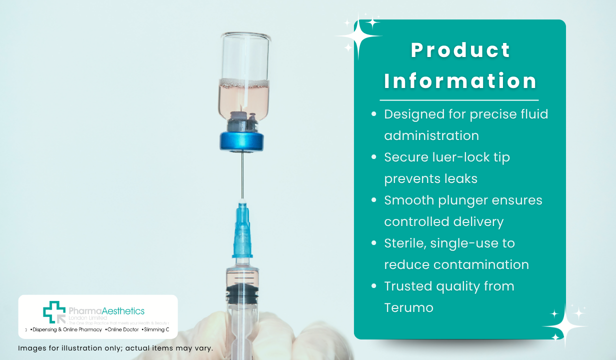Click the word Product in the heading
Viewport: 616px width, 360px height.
pos(460,50)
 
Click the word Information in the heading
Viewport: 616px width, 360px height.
pos(460,81)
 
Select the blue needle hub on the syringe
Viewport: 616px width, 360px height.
pos(242,232)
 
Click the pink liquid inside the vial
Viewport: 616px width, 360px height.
pos(244,97)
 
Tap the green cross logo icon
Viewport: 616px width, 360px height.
pos(54,312)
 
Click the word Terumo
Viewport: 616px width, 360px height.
pos(408,307)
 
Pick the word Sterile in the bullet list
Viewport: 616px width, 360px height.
pos(404,243)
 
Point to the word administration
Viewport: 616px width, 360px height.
pos(431,135)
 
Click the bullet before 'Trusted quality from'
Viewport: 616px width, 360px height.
pos(373,286)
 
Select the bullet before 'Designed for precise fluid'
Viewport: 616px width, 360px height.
pos(373,114)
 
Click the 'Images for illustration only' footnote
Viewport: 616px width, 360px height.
pos(115,348)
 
